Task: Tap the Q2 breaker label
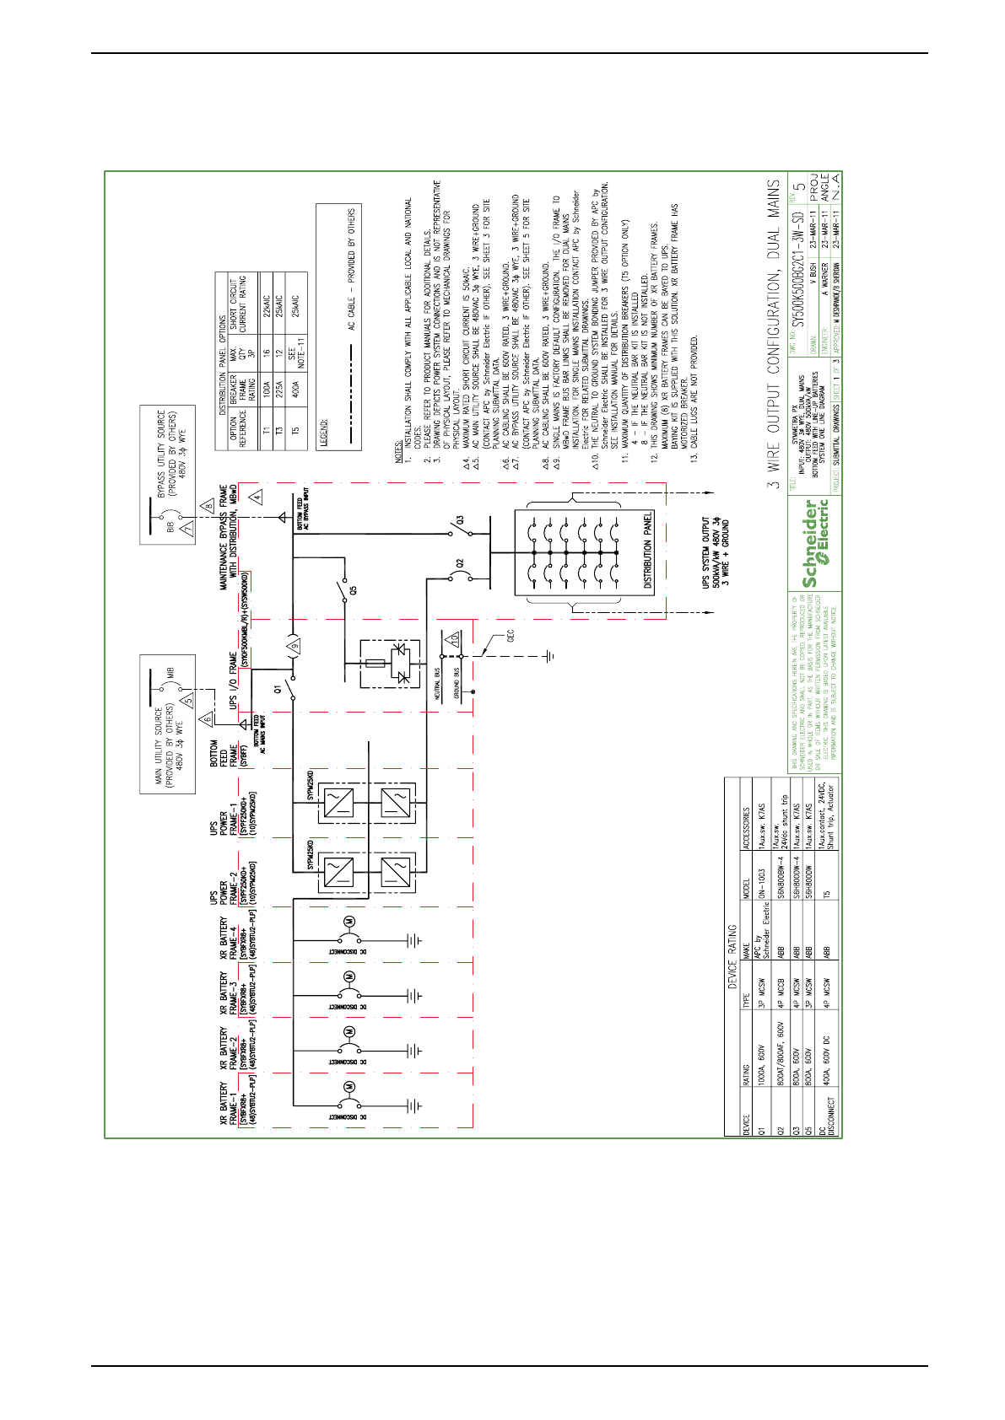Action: (x=460, y=562)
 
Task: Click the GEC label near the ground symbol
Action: (x=510, y=634)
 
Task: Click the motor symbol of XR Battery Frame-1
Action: (x=348, y=1086)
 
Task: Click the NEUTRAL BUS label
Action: (x=438, y=685)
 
